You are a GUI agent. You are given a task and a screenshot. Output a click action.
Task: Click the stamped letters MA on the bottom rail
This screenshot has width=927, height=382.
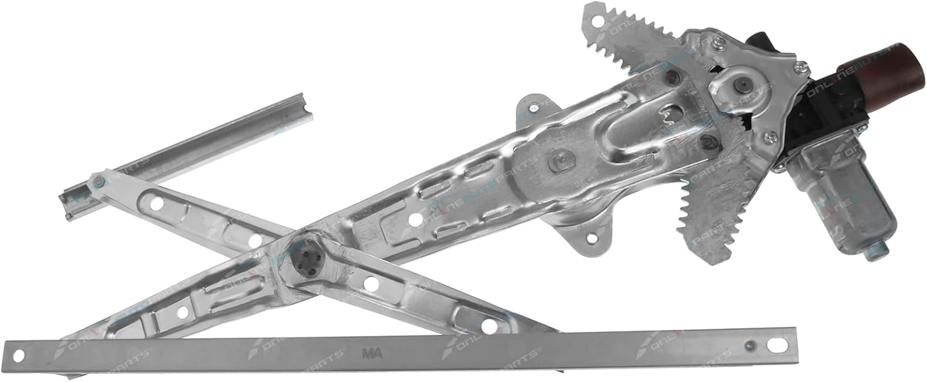[x=372, y=353]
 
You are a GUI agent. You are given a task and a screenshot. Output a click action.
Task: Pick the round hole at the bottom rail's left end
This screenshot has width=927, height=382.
[x=18, y=355]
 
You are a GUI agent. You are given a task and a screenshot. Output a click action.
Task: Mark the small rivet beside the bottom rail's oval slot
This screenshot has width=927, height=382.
[x=751, y=345]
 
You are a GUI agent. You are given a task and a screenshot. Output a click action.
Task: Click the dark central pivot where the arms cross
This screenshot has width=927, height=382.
[x=307, y=263]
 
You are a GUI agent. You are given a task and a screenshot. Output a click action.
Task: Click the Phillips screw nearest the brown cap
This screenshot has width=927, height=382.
[x=799, y=67]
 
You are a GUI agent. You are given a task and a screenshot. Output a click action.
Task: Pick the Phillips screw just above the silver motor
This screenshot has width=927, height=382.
[x=769, y=138]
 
